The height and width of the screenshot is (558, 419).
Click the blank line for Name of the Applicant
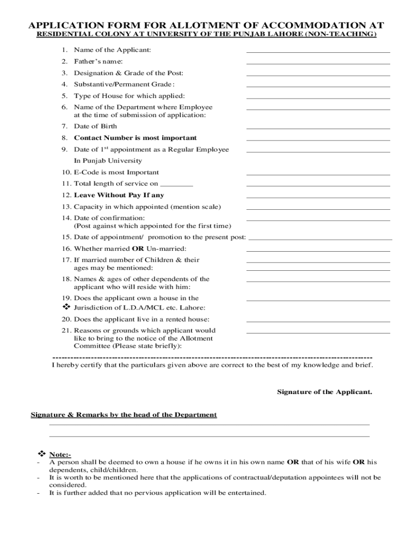318,52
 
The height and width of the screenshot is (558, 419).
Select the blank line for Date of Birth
318,129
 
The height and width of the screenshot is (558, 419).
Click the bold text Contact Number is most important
135,138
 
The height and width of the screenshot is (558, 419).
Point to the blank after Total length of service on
177,186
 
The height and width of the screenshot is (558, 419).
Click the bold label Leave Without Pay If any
119,195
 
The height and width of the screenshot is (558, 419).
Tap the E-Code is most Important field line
318,174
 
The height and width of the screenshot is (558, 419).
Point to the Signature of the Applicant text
324,392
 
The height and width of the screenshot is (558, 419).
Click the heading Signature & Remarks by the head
124,415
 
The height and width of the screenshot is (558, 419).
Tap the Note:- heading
60,454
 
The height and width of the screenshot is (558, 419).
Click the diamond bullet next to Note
41,454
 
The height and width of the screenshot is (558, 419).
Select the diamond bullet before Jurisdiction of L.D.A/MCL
67,307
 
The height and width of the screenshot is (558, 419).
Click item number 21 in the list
66,330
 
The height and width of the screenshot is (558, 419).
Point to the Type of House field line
318,98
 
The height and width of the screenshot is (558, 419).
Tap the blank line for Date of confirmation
318,220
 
